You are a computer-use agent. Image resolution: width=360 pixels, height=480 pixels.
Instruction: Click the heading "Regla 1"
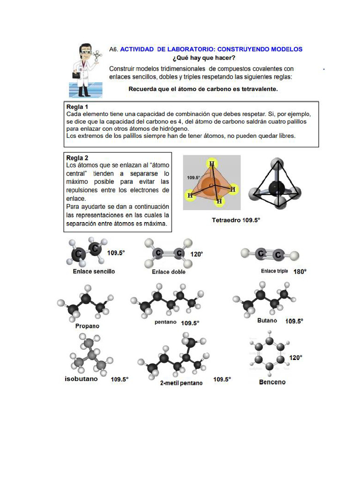(x=77, y=106)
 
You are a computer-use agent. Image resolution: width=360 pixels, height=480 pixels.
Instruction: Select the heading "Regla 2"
(x=77, y=157)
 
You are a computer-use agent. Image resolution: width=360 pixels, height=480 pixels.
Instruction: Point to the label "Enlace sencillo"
(x=94, y=271)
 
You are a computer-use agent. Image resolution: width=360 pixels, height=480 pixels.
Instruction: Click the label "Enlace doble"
(x=168, y=272)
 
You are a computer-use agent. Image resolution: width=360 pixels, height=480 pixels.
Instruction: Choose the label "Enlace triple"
(x=275, y=271)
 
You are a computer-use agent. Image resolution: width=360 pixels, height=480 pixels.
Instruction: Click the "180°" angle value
(x=300, y=271)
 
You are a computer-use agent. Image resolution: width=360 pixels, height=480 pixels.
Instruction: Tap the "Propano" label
(x=87, y=326)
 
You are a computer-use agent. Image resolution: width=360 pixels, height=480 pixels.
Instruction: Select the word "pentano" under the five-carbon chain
(x=165, y=322)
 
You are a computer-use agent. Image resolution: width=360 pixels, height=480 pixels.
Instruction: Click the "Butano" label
(x=267, y=321)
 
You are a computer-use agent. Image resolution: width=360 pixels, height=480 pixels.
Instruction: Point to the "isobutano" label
(x=81, y=379)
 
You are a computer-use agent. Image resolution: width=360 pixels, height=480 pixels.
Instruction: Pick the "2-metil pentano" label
(x=181, y=383)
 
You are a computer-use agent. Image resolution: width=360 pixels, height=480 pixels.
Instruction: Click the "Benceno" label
(x=272, y=382)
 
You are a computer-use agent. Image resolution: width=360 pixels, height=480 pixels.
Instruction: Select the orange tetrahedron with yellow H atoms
(x=211, y=182)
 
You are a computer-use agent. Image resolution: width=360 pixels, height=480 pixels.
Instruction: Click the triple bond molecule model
(x=270, y=254)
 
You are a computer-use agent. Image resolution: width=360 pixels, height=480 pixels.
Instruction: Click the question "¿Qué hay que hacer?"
(x=204, y=58)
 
